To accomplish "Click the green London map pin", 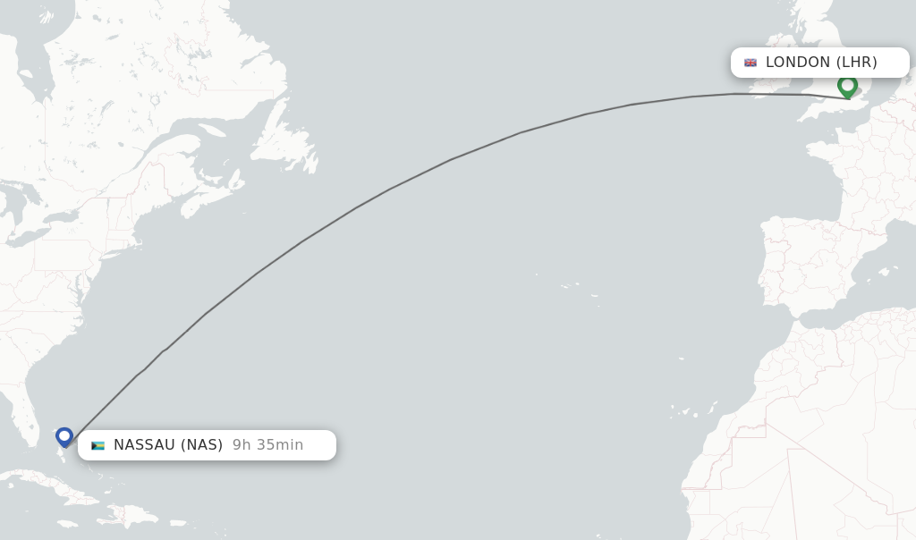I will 847,86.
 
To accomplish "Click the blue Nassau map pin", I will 64,436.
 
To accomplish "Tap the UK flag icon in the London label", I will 751,63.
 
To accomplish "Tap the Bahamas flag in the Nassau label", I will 98,445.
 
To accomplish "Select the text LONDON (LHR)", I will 821,63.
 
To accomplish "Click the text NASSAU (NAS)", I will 168,445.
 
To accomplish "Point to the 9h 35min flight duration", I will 267,445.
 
